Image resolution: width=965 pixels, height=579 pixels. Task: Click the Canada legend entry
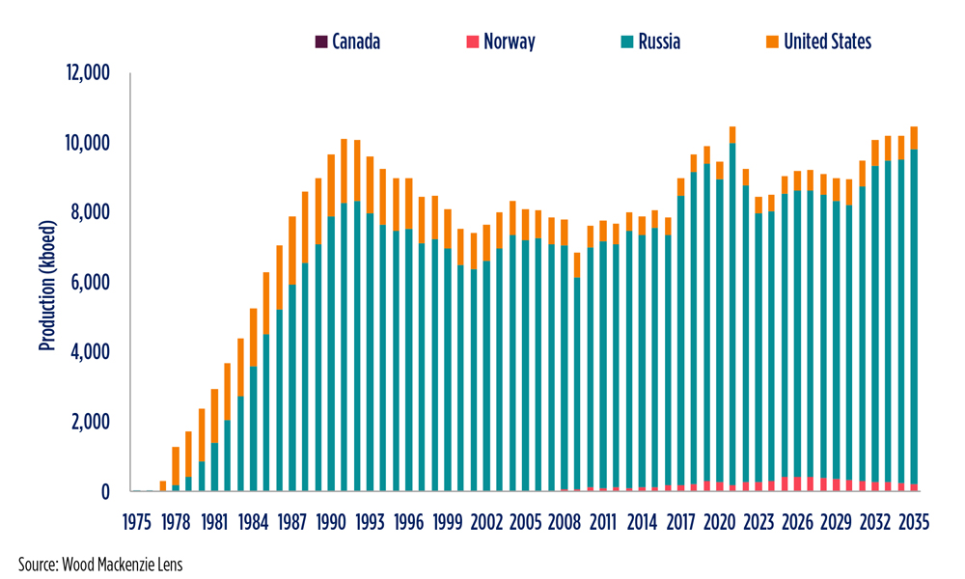coord(347,41)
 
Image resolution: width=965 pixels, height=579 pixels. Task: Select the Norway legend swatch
coord(473,41)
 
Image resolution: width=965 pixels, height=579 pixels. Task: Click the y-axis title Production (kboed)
coord(45,282)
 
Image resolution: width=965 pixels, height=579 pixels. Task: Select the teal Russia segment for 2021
coord(732,318)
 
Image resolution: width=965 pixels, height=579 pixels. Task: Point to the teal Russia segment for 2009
coord(577,386)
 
